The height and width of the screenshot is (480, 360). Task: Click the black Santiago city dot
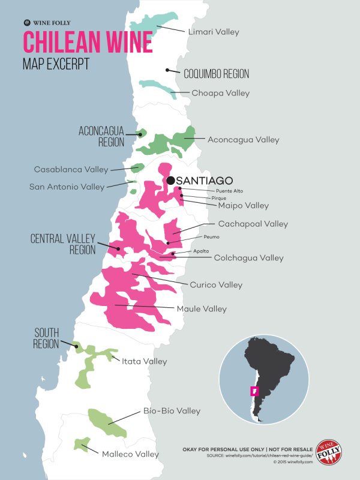point(171,180)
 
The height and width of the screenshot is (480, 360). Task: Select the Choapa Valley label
point(220,93)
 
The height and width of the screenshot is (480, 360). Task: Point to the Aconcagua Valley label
point(243,140)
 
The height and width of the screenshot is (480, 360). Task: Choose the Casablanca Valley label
point(71,169)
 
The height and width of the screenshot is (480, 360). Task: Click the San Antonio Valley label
point(67,187)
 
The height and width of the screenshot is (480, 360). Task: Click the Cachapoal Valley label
point(253,224)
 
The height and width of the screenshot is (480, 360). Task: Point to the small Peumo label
point(212,237)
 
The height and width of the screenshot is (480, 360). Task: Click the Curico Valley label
point(216,284)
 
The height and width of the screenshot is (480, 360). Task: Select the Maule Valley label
point(202,309)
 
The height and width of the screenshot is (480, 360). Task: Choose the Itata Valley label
point(144,362)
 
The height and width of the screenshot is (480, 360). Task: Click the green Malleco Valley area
point(79,445)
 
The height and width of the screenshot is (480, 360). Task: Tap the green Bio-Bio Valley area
point(106,422)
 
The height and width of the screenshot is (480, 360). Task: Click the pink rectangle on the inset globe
point(254,391)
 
